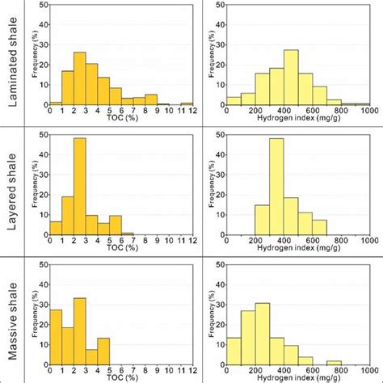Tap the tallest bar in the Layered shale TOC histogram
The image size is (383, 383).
[79, 186]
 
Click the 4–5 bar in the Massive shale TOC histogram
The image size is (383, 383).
[103, 352]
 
